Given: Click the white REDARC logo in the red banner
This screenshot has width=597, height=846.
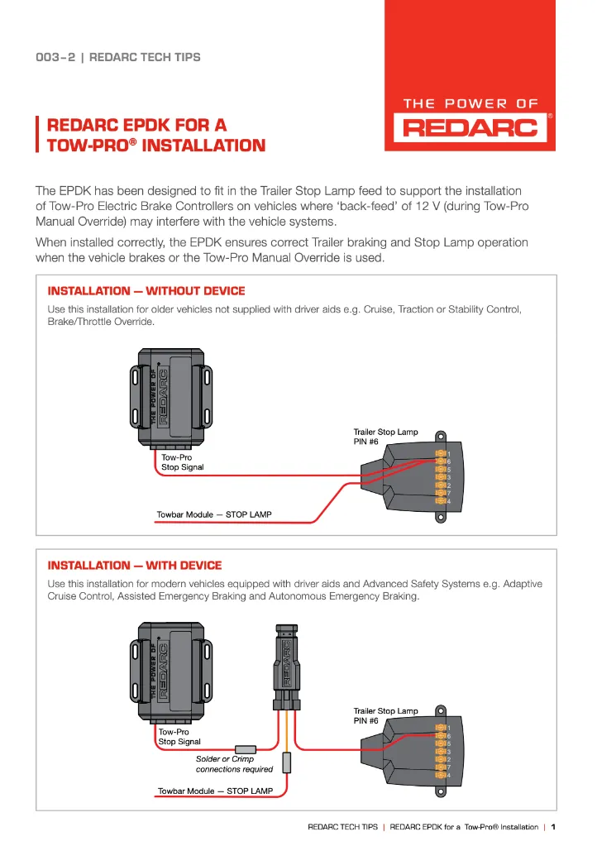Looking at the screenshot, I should tap(470, 128).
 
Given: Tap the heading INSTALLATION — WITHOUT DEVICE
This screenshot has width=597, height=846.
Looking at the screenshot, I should tap(146, 291).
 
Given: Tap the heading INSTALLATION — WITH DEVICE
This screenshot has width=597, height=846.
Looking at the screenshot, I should tap(135, 566).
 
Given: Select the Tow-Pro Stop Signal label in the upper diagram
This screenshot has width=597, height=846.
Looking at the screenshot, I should tap(182, 461).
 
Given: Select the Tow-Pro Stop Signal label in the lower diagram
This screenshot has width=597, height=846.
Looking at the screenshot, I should tap(179, 737).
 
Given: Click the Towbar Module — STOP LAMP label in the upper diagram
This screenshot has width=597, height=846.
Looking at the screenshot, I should tap(214, 514).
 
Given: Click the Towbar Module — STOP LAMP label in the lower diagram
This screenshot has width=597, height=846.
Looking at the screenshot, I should tap(215, 791).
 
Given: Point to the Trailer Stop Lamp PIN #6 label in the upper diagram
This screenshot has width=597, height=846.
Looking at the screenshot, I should tap(385, 436).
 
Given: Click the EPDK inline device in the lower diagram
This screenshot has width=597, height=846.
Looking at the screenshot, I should tap(282, 666).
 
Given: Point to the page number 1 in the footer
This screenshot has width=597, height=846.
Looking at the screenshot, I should tap(553, 827).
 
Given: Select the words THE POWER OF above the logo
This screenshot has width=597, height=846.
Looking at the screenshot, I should tap(470, 104).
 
